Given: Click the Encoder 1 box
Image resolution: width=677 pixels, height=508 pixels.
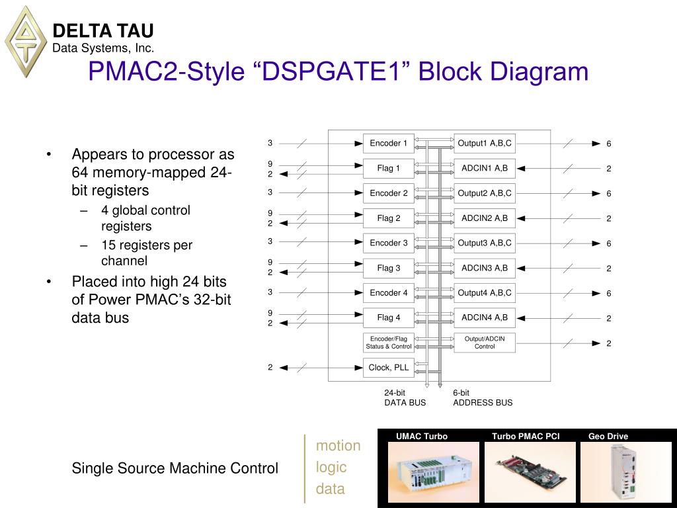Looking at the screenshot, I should (x=389, y=143).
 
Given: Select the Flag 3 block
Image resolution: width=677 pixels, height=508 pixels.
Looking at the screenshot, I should (x=389, y=268).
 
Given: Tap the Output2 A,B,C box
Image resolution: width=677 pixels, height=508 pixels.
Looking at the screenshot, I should (x=485, y=193).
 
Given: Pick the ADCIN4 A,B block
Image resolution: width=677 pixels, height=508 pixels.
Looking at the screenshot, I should (x=485, y=317).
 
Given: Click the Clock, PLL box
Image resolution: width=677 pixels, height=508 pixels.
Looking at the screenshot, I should (x=389, y=368).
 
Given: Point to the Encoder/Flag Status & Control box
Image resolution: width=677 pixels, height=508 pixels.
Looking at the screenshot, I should (x=389, y=343).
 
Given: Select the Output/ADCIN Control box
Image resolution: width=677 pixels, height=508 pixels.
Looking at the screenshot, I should (x=485, y=343).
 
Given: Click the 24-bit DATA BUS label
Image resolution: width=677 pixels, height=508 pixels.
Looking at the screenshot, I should (x=405, y=398).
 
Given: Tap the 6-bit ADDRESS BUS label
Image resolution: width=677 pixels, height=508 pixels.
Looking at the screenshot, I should (x=482, y=398).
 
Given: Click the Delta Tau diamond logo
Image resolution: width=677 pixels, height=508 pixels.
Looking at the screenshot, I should (x=26, y=41).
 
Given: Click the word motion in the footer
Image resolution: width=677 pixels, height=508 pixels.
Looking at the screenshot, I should (x=338, y=446).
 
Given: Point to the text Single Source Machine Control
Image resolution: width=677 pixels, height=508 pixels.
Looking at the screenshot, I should (x=175, y=468).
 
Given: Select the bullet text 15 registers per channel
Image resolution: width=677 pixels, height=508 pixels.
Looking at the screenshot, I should (x=146, y=253).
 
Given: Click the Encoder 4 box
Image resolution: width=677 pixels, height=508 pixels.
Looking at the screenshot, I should (x=389, y=292).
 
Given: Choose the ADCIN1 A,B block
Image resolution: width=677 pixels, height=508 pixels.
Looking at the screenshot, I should (x=485, y=168).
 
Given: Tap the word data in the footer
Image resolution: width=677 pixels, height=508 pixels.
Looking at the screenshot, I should (x=330, y=489).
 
